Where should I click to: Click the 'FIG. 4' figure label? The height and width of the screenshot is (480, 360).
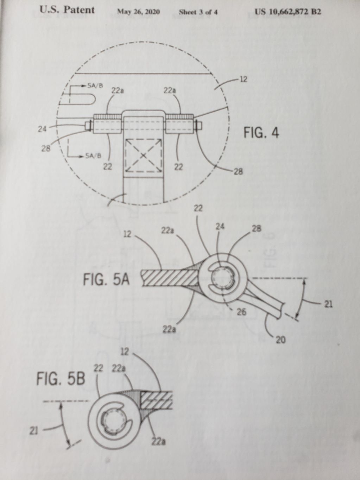261,133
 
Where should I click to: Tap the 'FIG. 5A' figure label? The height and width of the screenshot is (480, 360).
106,280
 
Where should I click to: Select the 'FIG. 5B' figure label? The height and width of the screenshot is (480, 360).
61,379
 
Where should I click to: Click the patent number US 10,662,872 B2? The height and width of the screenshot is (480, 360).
288,11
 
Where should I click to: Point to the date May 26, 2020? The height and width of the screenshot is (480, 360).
138,12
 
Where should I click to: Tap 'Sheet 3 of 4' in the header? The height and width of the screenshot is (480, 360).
198,12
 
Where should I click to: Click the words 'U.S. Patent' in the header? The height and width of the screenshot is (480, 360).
67,10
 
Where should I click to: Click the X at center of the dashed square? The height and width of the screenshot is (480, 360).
143,156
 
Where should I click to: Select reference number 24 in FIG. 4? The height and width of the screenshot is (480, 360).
42,129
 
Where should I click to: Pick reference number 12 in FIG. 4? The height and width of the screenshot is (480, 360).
243,80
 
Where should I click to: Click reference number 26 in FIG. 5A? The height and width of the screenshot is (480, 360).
241,312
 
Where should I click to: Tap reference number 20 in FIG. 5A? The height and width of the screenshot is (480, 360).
281,340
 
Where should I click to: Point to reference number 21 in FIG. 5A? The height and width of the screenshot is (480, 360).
328,304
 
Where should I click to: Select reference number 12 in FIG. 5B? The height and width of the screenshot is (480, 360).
125,352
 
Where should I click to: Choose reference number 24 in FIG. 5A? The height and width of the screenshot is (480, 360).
220,227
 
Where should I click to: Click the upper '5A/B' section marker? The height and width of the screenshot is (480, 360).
95,86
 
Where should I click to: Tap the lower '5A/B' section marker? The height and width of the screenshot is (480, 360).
93,156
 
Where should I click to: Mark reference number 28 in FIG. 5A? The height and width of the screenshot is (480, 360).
257,228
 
